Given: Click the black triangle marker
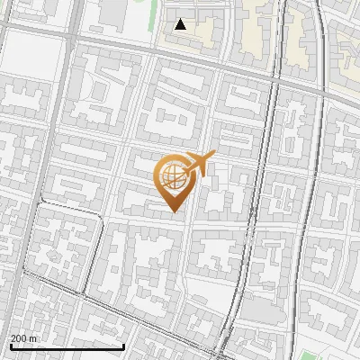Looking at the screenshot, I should (x=181, y=24).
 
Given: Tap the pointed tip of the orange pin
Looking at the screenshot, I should (x=173, y=211).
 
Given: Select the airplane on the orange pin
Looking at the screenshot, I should (x=198, y=165).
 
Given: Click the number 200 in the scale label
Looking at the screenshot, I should (x=19, y=338).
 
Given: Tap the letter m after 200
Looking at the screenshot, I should (x=34, y=338).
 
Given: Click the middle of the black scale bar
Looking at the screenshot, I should (x=67, y=346).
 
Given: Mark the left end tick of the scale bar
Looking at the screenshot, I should (x=10, y=346).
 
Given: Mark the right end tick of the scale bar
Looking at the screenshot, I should (x=123, y=346).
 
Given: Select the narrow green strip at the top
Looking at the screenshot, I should (x=142, y=11).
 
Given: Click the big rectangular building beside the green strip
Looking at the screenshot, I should (x=113, y=11).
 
